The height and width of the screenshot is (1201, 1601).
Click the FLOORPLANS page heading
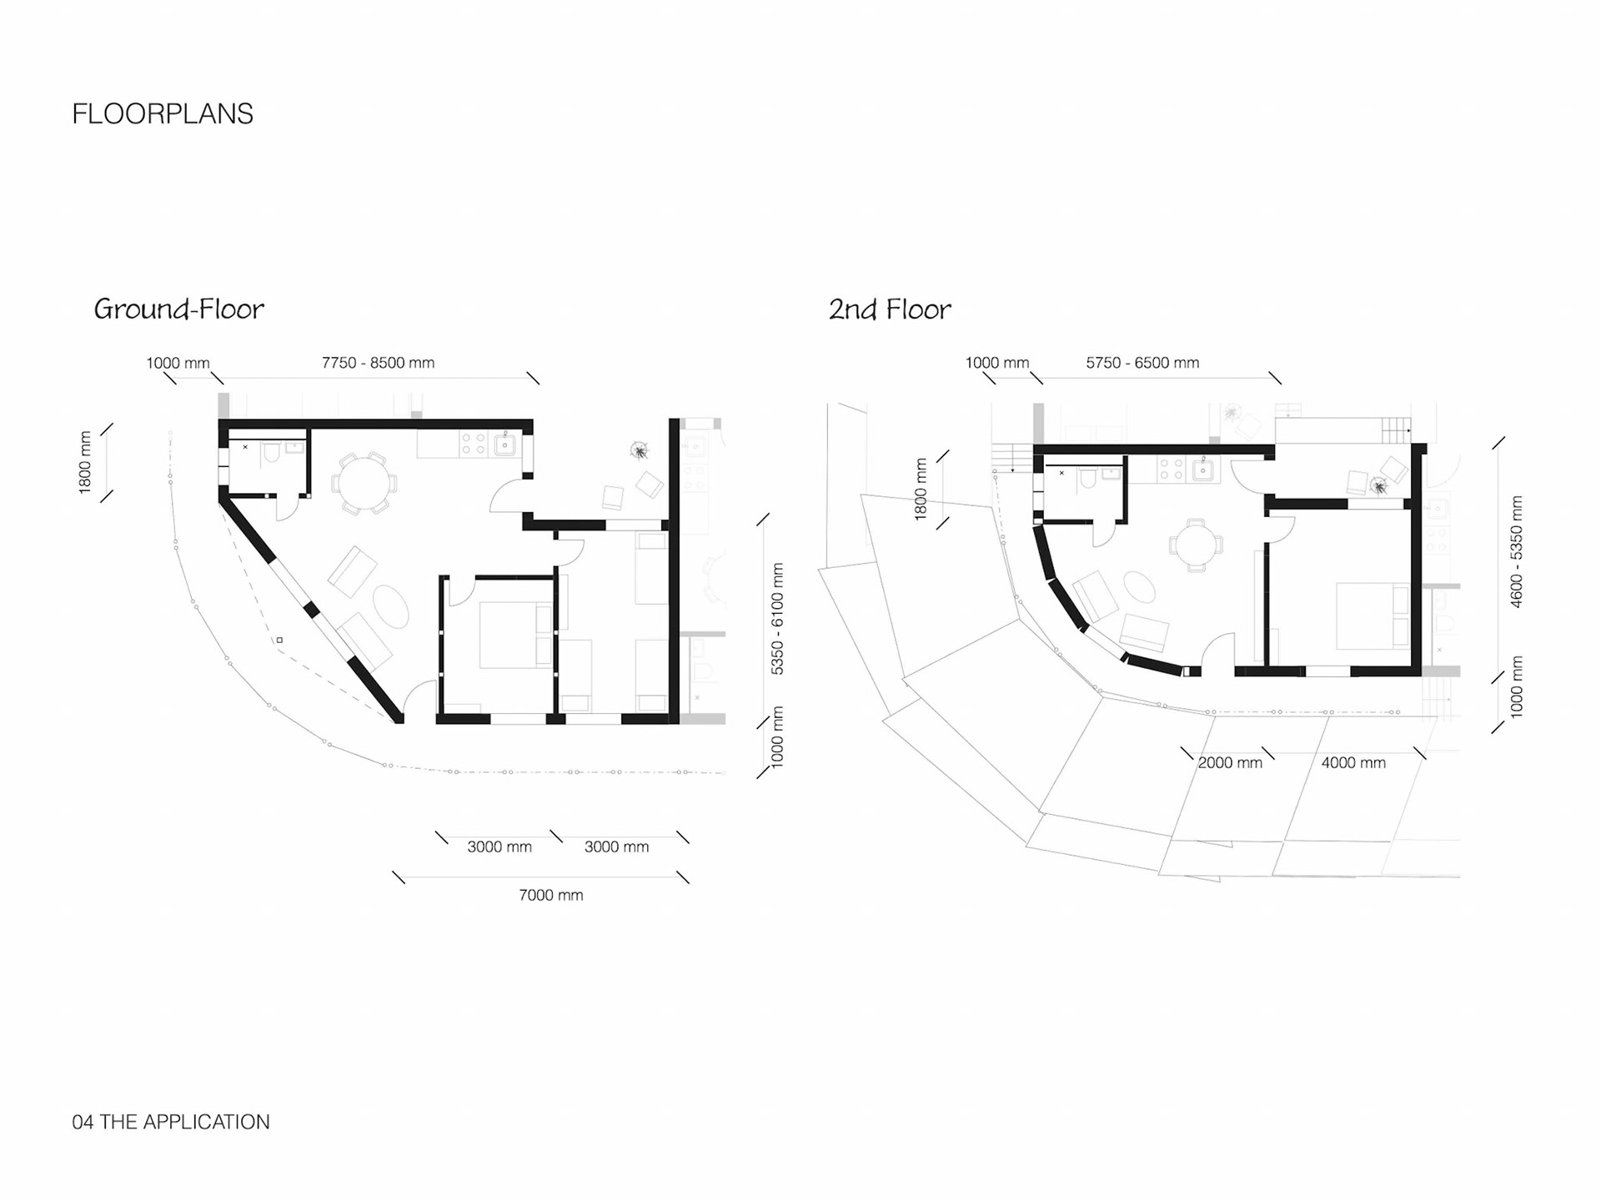coord(163,114)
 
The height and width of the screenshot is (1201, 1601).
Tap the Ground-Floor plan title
coord(178,309)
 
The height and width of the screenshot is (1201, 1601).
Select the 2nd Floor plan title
coord(889,309)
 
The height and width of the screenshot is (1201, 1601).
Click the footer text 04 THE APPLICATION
coord(171,1122)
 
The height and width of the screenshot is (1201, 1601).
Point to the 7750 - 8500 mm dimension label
coord(378,363)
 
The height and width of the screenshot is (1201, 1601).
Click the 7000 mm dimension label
coord(550,895)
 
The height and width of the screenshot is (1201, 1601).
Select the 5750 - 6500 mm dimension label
coord(1142,363)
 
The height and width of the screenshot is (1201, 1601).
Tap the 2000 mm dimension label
coord(1229,762)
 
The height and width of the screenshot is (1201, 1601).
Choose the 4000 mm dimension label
coord(1353,762)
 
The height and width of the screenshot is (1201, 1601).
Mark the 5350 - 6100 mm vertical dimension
coord(777,618)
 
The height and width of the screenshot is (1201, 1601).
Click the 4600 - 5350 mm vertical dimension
coord(1516,551)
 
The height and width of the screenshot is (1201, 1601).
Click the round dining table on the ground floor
coord(364,483)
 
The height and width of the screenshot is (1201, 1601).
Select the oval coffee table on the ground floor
coord(390,606)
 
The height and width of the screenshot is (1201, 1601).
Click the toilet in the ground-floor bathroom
coord(270,454)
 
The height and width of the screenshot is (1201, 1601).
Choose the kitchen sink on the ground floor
coord(505,445)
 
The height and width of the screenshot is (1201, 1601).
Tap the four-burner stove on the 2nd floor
coord(1171,470)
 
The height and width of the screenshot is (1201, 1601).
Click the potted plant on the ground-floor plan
coord(640,451)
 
